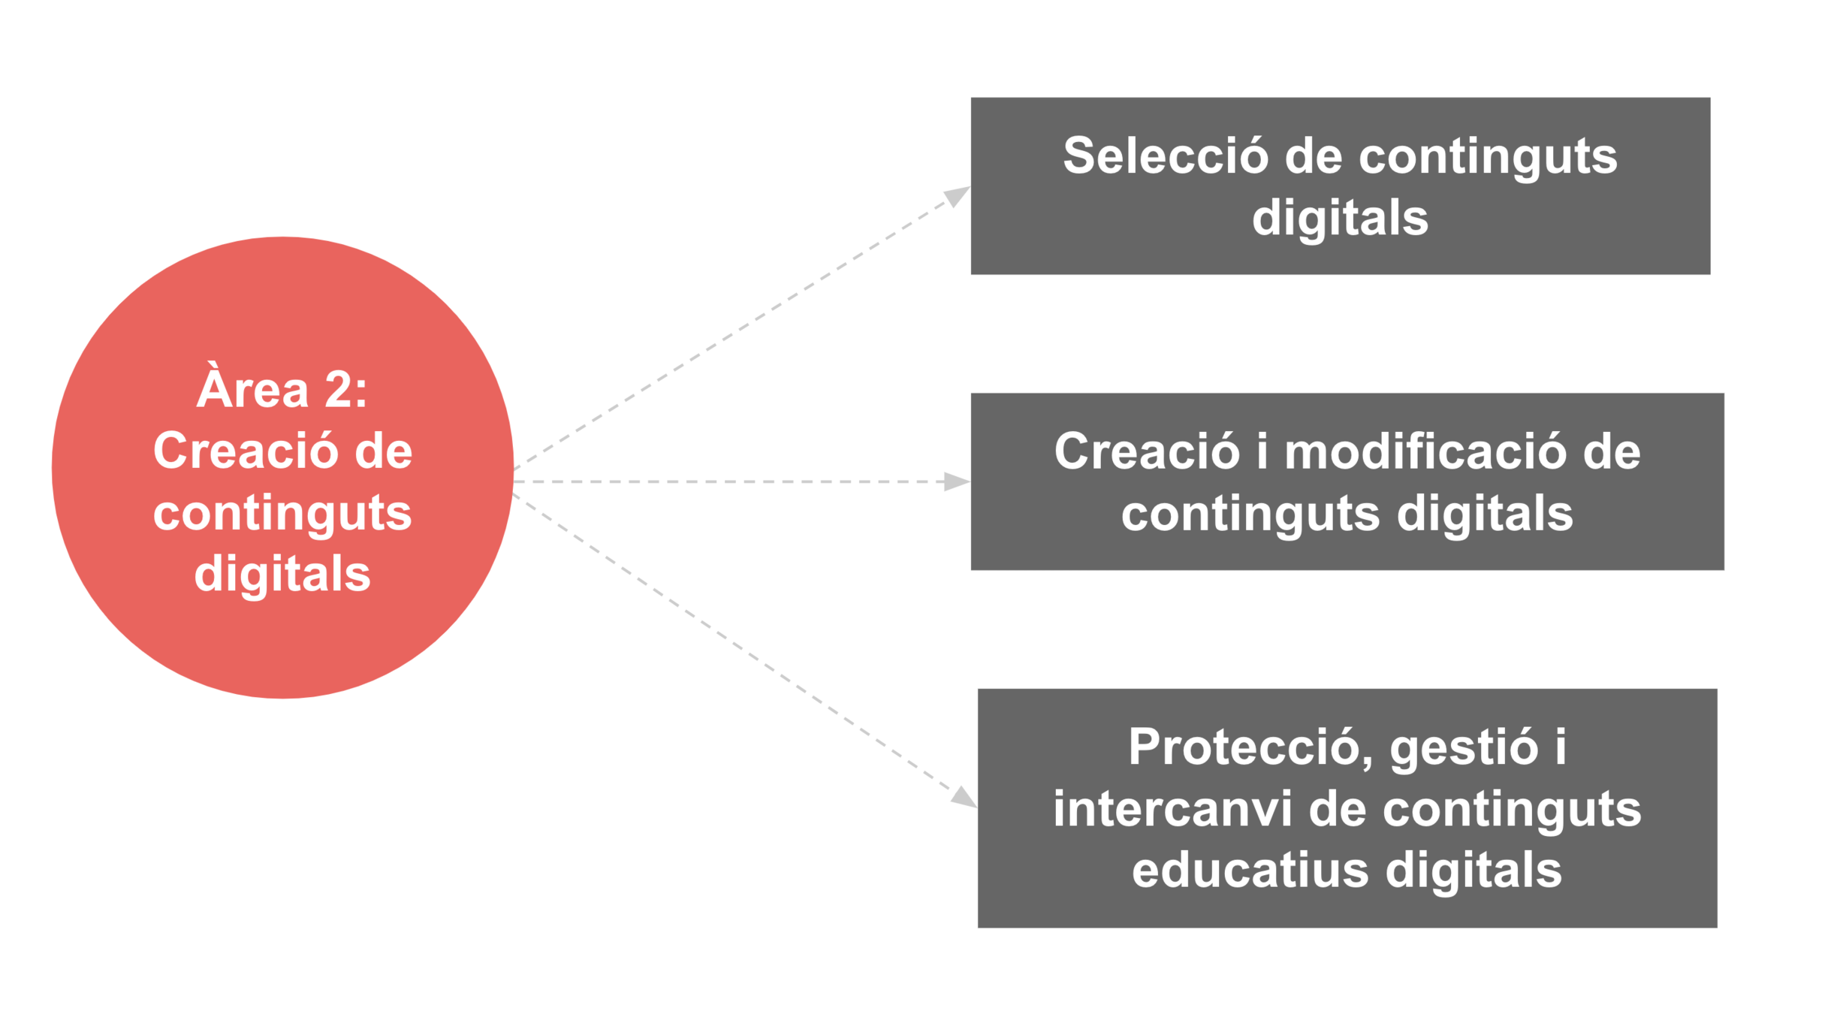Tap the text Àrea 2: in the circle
tap(282, 390)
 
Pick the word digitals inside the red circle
tap(282, 574)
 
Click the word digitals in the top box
tap(1340, 218)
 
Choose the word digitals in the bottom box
tap(1474, 870)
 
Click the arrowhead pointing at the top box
tap(956, 195)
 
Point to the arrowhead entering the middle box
tap(956, 481)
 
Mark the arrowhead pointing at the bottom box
tap(964, 797)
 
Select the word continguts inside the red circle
tap(282, 514)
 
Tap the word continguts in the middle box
tap(1250, 515)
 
